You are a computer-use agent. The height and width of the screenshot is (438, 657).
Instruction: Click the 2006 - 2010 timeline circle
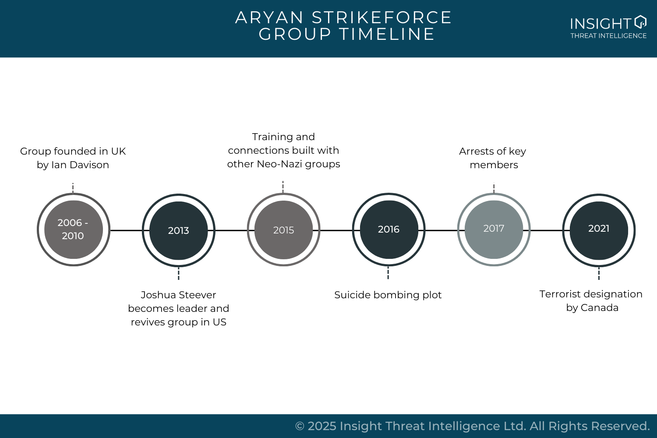(x=73, y=230)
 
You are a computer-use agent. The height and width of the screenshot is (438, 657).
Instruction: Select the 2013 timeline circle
(x=179, y=230)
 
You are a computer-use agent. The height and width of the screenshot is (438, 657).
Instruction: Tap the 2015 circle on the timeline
(x=284, y=230)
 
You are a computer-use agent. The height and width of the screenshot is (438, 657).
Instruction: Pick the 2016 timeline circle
(x=389, y=230)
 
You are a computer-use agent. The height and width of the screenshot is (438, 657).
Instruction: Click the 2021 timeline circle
(x=599, y=230)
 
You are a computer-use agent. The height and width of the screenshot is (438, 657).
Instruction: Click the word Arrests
(x=477, y=152)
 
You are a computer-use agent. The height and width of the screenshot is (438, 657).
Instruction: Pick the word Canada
(x=599, y=308)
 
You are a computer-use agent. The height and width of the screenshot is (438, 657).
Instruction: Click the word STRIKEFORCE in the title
(x=381, y=18)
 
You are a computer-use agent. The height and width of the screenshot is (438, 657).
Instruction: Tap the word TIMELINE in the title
(x=387, y=34)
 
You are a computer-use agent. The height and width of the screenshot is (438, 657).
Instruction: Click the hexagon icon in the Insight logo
(x=640, y=21)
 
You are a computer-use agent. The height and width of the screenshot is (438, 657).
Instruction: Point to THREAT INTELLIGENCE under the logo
(x=608, y=36)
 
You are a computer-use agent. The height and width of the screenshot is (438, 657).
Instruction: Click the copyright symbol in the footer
(x=300, y=426)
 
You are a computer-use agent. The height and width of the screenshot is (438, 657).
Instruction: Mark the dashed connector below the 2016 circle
(x=388, y=272)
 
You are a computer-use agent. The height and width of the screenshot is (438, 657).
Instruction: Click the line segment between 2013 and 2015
(x=231, y=230)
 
